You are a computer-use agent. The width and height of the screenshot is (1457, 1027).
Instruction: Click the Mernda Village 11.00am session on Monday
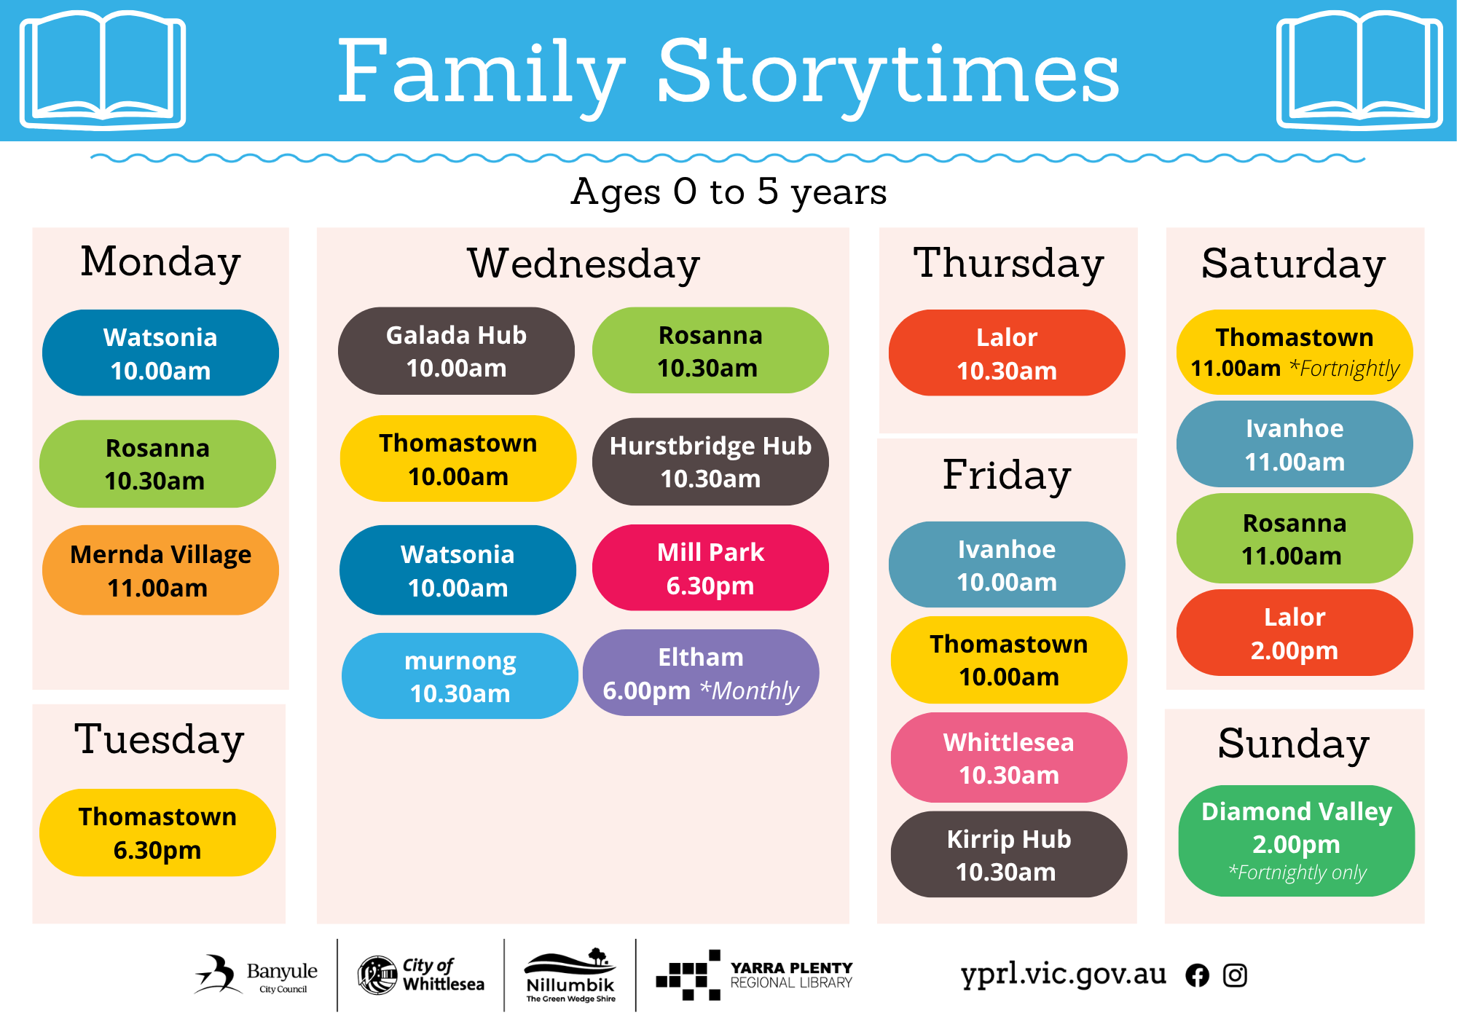[x=160, y=570]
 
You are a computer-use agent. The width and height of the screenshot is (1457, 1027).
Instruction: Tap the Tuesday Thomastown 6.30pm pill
[x=157, y=833]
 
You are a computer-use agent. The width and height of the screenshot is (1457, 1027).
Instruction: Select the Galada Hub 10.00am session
[x=456, y=351]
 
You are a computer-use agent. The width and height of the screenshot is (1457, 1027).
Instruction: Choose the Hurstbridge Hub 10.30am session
[x=710, y=462]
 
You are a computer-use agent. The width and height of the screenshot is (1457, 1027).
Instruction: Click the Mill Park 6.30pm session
[x=710, y=568]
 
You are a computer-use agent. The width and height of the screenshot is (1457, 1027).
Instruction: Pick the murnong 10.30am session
[x=460, y=676]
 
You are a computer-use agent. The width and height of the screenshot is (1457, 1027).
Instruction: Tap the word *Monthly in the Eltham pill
[x=749, y=690]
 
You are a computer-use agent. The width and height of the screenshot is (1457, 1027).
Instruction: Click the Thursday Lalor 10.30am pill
[x=1007, y=353]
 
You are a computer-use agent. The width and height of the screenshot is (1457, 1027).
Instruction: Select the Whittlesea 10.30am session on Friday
[x=1009, y=758]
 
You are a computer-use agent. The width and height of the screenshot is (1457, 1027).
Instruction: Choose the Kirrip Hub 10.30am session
[x=1009, y=854]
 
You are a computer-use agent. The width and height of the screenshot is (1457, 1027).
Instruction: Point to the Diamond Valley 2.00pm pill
[x=1297, y=841]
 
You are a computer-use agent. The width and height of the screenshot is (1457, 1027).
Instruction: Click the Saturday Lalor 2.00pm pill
[x=1295, y=633]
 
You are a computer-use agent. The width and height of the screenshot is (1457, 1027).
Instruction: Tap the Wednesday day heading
[x=584, y=263]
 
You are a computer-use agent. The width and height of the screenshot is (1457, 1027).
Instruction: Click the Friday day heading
[x=1007, y=475]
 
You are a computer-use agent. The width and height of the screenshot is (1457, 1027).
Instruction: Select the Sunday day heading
[x=1294, y=744]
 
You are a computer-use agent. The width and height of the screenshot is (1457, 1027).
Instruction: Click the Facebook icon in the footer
[x=1197, y=975]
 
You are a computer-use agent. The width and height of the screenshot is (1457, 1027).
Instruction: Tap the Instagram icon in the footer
[x=1235, y=975]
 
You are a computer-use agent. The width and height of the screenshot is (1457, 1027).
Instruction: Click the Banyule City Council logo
[x=256, y=975]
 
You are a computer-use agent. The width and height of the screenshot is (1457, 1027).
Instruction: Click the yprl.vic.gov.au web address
[x=1064, y=975]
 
